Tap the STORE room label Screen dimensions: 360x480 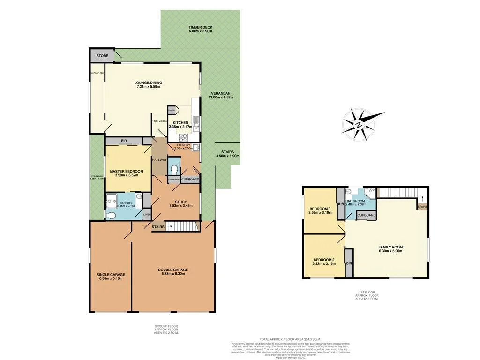[x=102, y=56]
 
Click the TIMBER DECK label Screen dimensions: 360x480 [x=201, y=28]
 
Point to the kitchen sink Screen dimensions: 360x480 [x=198, y=124]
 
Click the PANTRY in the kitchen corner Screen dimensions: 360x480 [x=172, y=110]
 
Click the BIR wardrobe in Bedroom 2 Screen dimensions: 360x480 [x=349, y=263]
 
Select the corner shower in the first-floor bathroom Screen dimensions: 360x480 [x=370, y=192]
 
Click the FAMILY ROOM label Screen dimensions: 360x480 [x=390, y=247]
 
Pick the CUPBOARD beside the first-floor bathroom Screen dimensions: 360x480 [x=367, y=215]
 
